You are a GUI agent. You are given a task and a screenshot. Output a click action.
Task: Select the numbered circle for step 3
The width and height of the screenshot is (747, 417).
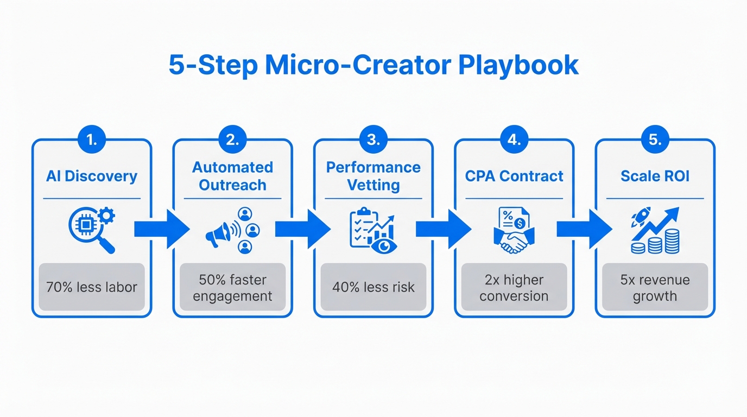pyautogui.click(x=373, y=140)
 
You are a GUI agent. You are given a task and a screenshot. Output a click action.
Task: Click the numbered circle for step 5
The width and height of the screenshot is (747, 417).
pyautogui.click(x=655, y=140)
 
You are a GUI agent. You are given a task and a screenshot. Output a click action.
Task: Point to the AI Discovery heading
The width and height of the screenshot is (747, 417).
pyautogui.click(x=91, y=176)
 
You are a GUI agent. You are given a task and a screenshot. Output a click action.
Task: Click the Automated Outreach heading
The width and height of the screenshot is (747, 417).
pyautogui.click(x=232, y=176)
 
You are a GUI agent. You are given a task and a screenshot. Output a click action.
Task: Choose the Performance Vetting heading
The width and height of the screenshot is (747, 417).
pyautogui.click(x=373, y=176)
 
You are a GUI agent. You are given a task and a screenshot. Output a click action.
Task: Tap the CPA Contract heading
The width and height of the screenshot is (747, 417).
pyautogui.click(x=514, y=176)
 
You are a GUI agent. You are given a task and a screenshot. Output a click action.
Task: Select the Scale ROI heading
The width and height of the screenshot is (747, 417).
pyautogui.click(x=655, y=176)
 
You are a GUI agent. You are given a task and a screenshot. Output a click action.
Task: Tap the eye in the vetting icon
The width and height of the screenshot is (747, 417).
pyautogui.click(x=384, y=245)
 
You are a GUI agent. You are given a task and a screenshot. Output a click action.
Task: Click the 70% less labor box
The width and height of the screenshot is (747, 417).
pyautogui.click(x=91, y=287)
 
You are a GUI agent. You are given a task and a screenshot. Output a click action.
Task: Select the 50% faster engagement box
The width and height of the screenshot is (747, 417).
pyautogui.click(x=232, y=287)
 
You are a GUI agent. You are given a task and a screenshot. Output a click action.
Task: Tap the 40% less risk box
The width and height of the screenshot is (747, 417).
pyautogui.click(x=373, y=287)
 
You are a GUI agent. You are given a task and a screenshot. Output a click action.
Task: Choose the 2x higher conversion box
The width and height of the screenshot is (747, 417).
pyautogui.click(x=514, y=287)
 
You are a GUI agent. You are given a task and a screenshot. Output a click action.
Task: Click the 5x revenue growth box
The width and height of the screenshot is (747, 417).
pyautogui.click(x=655, y=287)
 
